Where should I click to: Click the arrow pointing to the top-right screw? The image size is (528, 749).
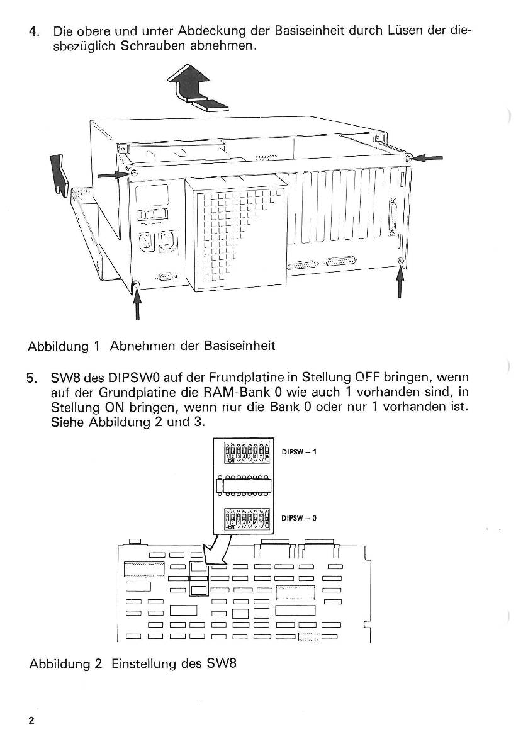428,159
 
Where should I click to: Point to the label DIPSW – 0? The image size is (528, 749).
300,519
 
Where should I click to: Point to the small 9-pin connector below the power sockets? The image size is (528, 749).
165,275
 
